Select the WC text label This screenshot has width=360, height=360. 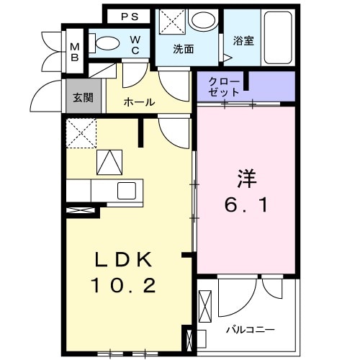click(x=135, y=45)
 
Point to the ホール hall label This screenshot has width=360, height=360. click(x=139, y=102)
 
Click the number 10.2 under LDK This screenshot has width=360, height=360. click(x=123, y=286)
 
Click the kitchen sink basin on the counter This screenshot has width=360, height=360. click(x=126, y=191)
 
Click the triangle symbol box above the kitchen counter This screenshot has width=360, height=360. click(x=110, y=162)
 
